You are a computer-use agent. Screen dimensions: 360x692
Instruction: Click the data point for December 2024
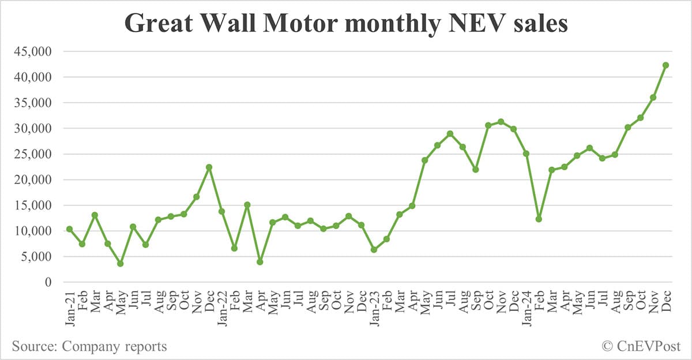pyautogui.click(x=665, y=65)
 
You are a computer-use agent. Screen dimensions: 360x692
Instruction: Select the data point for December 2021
pyautogui.click(x=209, y=167)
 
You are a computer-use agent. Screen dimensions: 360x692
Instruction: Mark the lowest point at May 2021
pyautogui.click(x=120, y=264)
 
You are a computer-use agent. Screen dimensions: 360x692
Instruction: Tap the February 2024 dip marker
pyautogui.click(x=539, y=219)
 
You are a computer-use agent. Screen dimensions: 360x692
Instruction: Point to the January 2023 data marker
pyautogui.click(x=374, y=250)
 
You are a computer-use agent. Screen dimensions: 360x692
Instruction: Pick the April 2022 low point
pyautogui.click(x=259, y=262)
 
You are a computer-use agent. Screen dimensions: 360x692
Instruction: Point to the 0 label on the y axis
pyautogui.click(x=48, y=282)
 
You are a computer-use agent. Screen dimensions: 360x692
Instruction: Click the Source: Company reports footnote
pyautogui.click(x=89, y=346)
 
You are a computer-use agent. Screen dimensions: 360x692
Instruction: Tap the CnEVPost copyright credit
pyautogui.click(x=641, y=346)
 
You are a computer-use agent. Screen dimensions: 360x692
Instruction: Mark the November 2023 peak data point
pyautogui.click(x=501, y=122)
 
